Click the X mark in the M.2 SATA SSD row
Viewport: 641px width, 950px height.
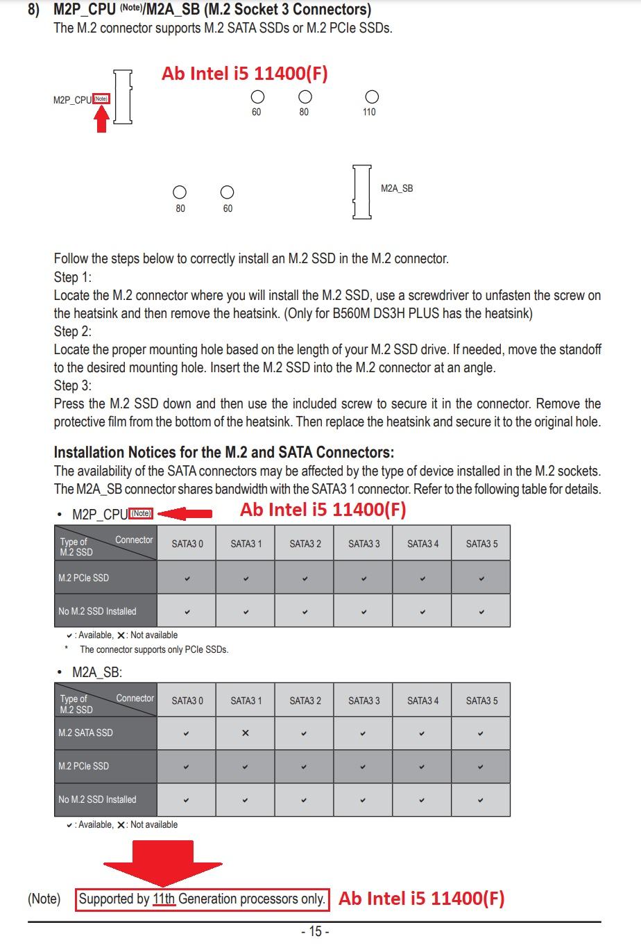(245, 733)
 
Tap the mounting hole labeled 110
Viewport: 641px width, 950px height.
(372, 97)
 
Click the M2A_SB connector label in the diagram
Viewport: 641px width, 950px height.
(397, 188)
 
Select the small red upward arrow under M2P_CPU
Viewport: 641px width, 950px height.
(101, 119)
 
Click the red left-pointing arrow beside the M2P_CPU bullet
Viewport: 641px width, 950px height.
(185, 513)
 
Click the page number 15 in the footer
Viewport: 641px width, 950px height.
(315, 932)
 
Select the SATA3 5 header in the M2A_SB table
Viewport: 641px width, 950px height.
(481, 701)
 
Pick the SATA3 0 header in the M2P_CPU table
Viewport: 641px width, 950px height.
(187, 544)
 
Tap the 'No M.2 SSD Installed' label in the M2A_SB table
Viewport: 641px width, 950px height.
(97, 799)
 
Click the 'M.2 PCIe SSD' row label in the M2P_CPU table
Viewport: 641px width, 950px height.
(84, 578)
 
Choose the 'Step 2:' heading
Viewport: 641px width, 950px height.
(73, 331)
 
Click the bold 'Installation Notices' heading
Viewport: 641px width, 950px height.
(223, 452)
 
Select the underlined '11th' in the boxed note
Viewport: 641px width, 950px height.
(164, 899)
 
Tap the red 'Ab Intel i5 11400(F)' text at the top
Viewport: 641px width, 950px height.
(244, 74)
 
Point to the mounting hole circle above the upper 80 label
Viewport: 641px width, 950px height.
(305, 97)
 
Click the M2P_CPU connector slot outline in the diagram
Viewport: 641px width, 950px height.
(123, 97)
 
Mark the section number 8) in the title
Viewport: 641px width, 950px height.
(33, 10)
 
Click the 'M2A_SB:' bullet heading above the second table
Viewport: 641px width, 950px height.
(96, 672)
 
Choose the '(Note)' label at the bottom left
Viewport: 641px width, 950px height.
(44, 899)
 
